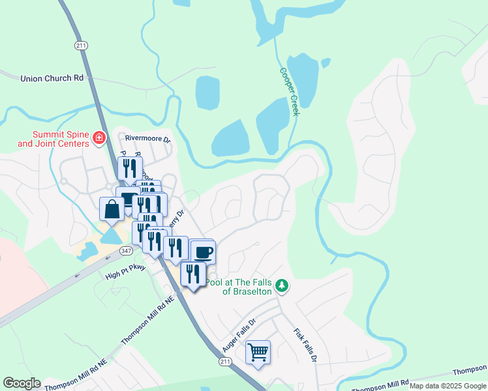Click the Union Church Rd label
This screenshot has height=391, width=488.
[52, 78]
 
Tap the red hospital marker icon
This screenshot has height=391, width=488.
[99, 138]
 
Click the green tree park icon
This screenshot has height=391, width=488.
[282, 285]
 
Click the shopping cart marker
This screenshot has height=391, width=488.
[258, 353]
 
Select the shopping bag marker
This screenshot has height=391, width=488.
[112, 209]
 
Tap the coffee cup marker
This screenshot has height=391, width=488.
[203, 252]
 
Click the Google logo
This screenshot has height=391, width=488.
[22, 383]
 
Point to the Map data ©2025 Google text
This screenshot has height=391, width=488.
[448, 386]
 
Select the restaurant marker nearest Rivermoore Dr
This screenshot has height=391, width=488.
[130, 168]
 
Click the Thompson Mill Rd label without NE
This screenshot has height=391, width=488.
[380, 385]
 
